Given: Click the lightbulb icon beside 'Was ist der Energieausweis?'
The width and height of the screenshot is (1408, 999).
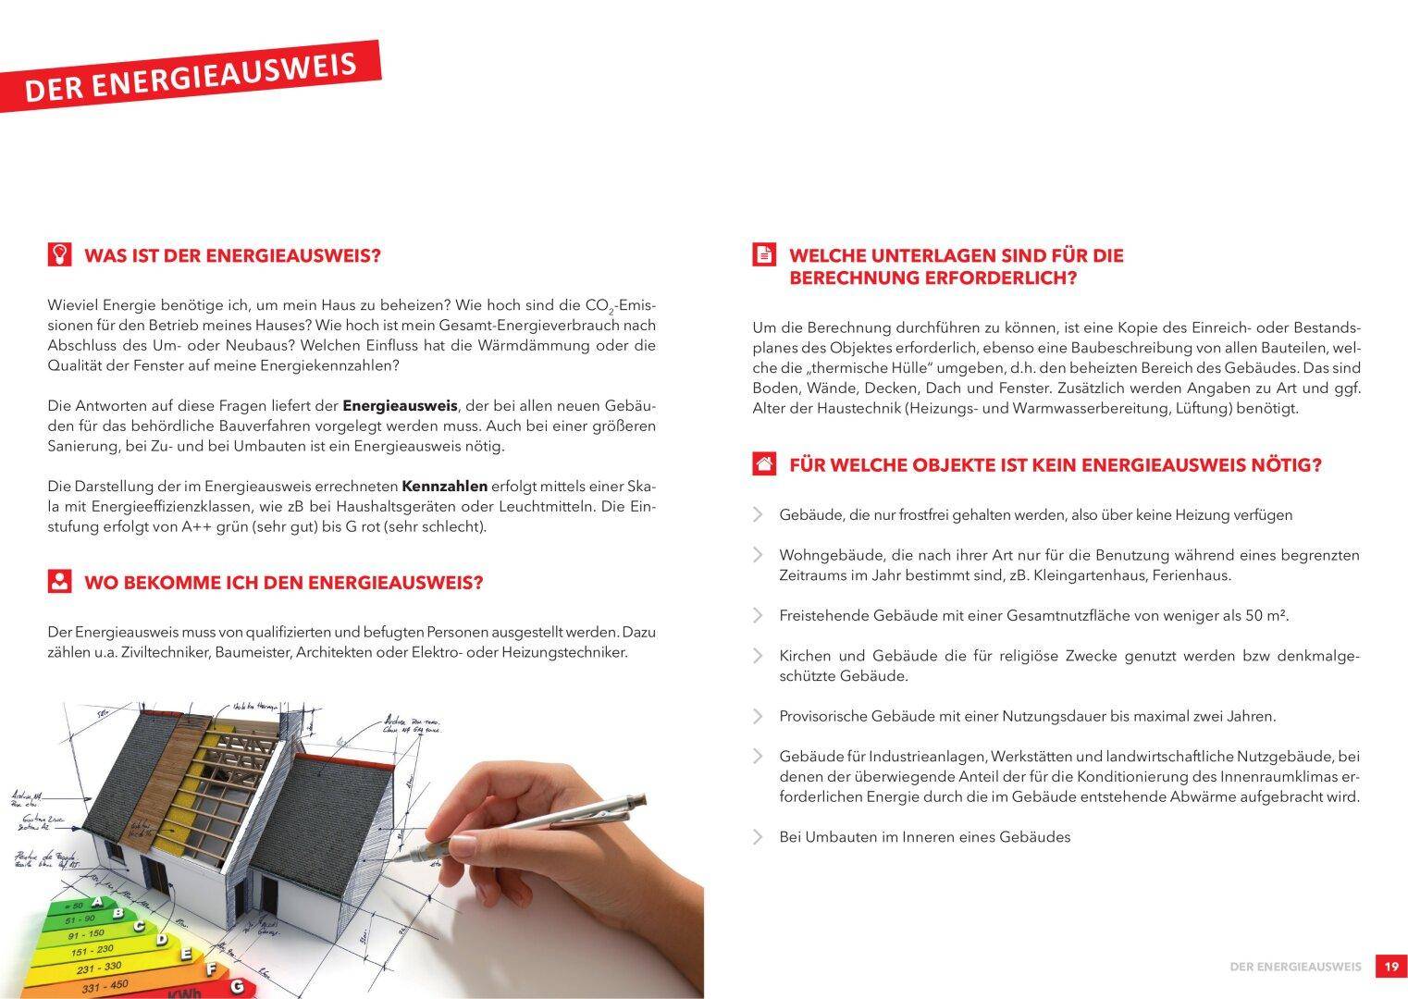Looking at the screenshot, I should click(59, 254).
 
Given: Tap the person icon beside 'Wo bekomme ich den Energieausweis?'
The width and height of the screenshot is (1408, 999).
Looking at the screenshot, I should click(59, 582).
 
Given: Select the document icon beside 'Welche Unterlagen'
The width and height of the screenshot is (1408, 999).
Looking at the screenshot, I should click(764, 254).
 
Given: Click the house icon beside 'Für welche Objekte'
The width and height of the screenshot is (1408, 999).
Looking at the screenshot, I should click(764, 463).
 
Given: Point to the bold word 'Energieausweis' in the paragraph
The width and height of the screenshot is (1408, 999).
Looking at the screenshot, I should click(400, 405).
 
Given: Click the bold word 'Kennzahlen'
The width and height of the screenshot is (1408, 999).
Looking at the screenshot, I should click(444, 486).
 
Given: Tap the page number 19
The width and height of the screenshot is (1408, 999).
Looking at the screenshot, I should click(1391, 967).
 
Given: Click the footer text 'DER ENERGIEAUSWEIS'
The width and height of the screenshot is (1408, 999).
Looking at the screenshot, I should click(1295, 967).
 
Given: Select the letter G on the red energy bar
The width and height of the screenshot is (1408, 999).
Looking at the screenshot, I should click(237, 987).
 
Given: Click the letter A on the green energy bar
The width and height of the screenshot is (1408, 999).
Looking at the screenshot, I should click(117, 912).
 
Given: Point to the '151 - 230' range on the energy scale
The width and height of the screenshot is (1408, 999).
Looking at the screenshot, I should click(92, 951).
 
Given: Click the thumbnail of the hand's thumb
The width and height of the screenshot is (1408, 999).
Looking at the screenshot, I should click(463, 845).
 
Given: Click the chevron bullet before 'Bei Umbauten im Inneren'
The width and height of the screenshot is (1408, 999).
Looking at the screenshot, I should click(759, 837).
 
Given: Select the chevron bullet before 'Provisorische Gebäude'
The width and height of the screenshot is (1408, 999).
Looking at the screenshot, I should click(759, 716).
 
